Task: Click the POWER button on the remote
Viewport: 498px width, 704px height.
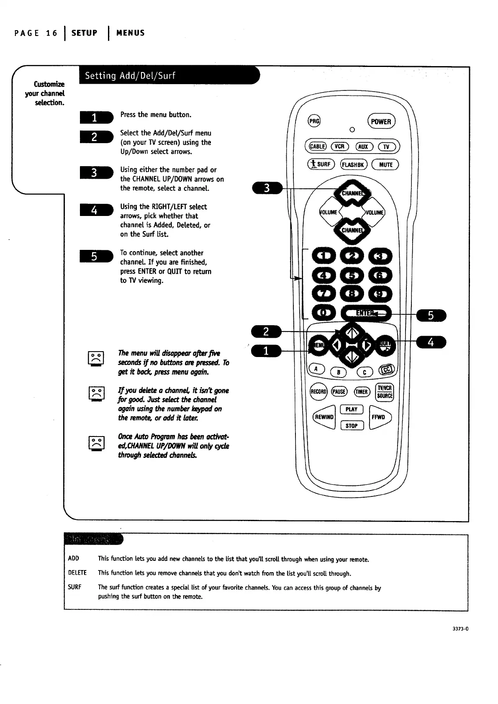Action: [381, 122]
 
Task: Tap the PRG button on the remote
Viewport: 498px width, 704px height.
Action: [314, 121]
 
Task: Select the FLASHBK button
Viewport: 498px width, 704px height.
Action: [354, 164]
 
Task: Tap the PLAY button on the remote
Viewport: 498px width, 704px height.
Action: [352, 409]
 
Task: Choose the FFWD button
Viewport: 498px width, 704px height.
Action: [380, 417]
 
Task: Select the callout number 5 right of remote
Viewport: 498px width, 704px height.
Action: [431, 316]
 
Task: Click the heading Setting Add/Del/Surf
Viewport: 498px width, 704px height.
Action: [130, 76]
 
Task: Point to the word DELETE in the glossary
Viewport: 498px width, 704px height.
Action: [77, 573]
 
